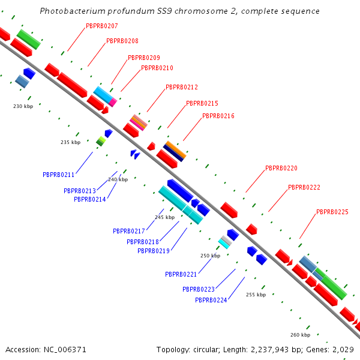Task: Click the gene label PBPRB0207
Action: click(102, 26)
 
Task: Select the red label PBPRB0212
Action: click(182, 87)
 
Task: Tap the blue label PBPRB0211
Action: click(59, 175)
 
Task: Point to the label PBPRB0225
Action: click(332, 212)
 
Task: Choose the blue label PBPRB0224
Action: click(211, 300)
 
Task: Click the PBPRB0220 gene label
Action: click(281, 168)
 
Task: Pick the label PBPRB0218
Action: click(143, 242)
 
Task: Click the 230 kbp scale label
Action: click(23, 106)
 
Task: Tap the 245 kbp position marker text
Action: click(165, 217)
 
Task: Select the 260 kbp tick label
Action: click(301, 335)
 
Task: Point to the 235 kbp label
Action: click(70, 142)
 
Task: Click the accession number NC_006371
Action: click(65, 350)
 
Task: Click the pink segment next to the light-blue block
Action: click(113, 102)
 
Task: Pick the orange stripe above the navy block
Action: click(176, 149)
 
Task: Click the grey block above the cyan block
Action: click(227, 240)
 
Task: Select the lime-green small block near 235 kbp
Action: click(102, 139)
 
